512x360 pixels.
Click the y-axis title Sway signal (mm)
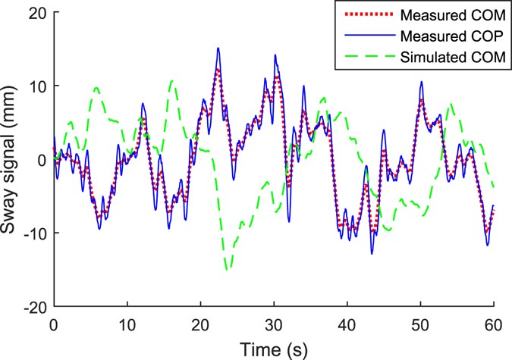pyautogui.click(x=13, y=160)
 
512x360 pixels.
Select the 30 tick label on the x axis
pyautogui.click(x=273, y=323)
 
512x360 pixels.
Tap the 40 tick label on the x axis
pyautogui.click(x=347, y=323)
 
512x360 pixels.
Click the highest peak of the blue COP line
pyautogui.click(x=218, y=48)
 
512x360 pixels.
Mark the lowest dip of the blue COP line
pyautogui.click(x=372, y=254)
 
